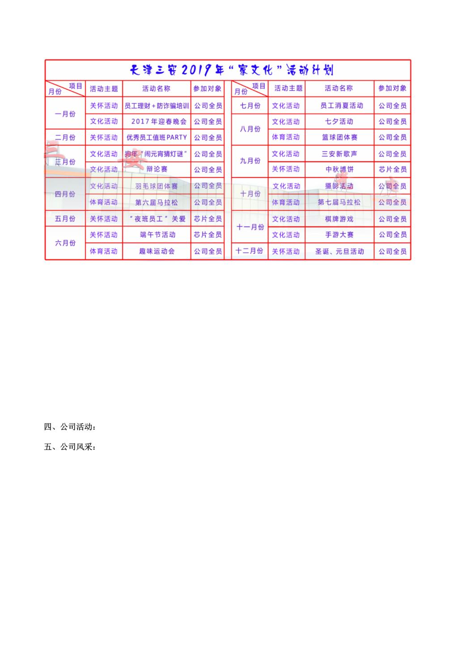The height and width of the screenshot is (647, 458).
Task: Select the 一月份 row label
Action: [x=65, y=114]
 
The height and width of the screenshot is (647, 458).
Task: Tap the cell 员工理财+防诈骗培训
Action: [x=157, y=106]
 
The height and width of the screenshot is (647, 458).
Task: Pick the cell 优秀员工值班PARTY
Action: [x=157, y=138]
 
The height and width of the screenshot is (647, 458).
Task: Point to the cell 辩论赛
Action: [x=157, y=169]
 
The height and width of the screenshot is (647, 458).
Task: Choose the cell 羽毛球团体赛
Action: [x=157, y=186]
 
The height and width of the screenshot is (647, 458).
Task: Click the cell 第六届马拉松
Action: [x=157, y=202]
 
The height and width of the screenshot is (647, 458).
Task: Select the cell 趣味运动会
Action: [x=157, y=251]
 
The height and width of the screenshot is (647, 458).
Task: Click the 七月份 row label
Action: [x=250, y=106]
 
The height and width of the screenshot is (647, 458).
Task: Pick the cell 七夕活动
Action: [x=339, y=122]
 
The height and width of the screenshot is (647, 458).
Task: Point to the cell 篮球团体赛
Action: [x=339, y=137]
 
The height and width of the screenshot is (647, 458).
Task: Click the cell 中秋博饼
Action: [x=339, y=169]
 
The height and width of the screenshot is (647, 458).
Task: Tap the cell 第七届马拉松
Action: [x=339, y=202]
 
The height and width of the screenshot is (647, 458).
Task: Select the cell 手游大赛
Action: [x=339, y=235]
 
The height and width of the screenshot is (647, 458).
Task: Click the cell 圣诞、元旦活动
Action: [x=339, y=252]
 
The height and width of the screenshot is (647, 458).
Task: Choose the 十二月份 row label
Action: [x=250, y=251]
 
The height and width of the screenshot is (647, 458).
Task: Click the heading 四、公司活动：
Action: [x=70, y=427]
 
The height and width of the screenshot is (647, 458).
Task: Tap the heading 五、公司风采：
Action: [x=70, y=446]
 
